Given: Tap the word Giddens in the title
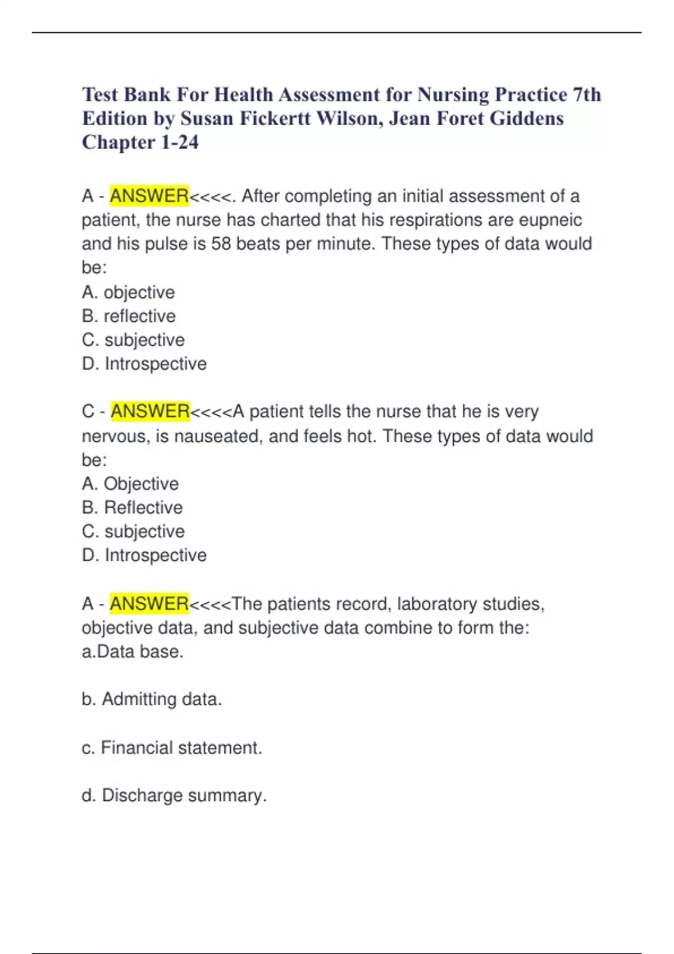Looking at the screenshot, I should click(x=527, y=118).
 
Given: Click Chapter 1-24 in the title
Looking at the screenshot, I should click(x=140, y=143).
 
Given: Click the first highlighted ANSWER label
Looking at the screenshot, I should click(x=149, y=196).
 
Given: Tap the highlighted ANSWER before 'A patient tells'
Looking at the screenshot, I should click(x=150, y=411).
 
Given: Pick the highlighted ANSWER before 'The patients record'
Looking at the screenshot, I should click(x=149, y=604).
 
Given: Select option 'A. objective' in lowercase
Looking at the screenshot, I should click(x=128, y=292).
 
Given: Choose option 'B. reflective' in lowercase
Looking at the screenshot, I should click(x=129, y=316).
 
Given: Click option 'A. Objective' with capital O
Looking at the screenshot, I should click(x=130, y=484).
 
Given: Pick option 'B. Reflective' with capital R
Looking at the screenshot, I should click(x=132, y=507).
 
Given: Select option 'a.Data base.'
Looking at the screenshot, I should click(x=133, y=652).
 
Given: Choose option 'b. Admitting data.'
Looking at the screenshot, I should click(x=152, y=699).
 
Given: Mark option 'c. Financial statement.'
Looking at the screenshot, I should click(x=172, y=747).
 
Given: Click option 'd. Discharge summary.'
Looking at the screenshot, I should click(x=174, y=795).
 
